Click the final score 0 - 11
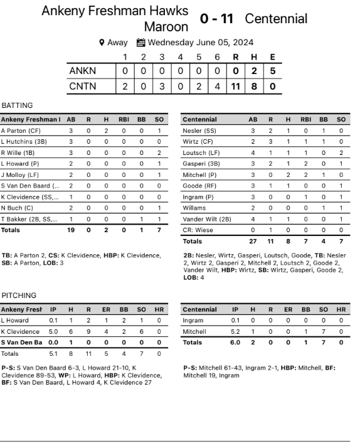pos(216,19)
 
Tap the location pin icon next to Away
pos(102,43)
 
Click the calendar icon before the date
pos(141,43)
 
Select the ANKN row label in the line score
pos(82,71)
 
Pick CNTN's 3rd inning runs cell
pos(161,86)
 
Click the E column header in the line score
pos(272,56)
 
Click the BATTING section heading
pos(18,105)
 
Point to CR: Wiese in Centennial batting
pos(199,230)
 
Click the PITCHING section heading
pos(19,295)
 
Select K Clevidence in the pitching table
pos(21,331)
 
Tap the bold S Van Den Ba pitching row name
pos(22,343)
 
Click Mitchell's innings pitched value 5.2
pos(235,331)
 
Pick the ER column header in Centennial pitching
pos(288,309)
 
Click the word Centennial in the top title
pos(276,19)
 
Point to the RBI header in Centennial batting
pos(305,119)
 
